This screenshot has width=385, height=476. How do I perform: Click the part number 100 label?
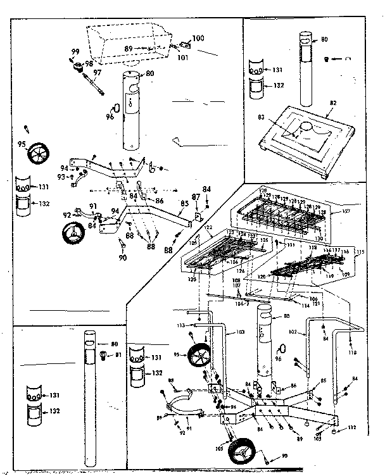198,39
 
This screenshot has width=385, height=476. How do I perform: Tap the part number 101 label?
183,58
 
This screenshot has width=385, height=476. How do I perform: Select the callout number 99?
75,51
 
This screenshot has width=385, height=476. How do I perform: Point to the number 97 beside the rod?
97,73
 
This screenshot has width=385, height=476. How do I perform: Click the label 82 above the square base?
332,103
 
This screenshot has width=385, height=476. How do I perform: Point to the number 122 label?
207,227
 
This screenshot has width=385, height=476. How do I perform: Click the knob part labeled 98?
80,66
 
